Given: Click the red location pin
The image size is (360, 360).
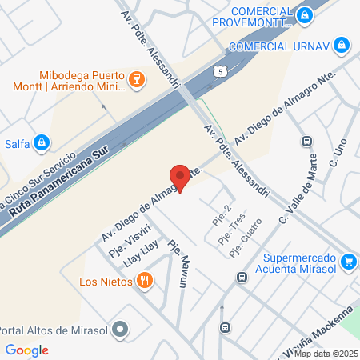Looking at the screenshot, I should tap(180, 178).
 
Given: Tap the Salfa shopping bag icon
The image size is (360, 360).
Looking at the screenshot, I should tap(42, 143).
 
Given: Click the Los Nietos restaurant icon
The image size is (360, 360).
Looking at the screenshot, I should tap(144, 280).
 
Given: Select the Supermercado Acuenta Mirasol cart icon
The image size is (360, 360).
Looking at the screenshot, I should tap(348, 262).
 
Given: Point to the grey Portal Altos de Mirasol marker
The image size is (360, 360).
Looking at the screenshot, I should tap(121, 328).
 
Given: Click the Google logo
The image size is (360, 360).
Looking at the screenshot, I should tap(27, 350).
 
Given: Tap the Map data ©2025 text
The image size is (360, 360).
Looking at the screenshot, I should tap(326, 354).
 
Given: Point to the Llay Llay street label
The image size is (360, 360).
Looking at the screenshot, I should tap(141, 250).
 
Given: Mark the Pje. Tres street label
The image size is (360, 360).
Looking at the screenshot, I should tap(234, 232).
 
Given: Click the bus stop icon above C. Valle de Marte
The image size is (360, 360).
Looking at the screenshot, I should tap(306, 141).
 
